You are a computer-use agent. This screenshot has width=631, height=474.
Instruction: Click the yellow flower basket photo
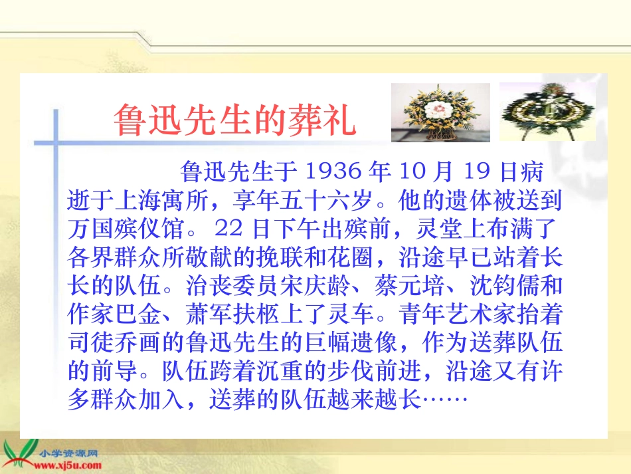(440, 112)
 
